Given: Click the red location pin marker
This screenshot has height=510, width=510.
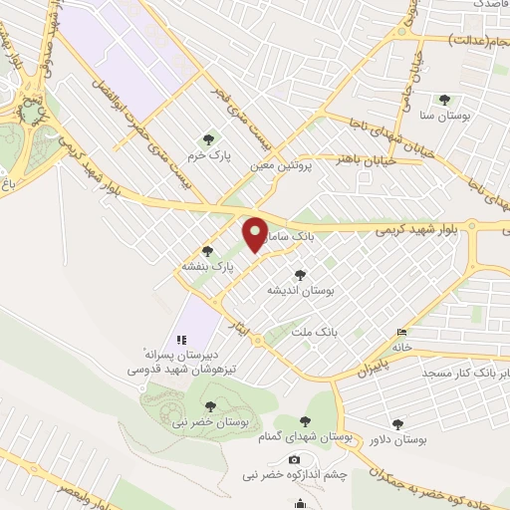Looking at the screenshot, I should coord(256,233).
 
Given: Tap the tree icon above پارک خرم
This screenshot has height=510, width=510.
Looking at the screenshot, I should coord(207,139).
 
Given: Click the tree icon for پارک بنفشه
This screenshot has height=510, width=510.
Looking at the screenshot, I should coord(207,251).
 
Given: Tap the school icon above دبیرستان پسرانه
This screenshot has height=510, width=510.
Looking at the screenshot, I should coord(181,339).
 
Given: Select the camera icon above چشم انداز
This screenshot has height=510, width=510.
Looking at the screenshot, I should coord(294,459).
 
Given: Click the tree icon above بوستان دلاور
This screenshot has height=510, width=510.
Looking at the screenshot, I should coord(399,422).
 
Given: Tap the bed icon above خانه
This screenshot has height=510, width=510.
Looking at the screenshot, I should coord(402,332).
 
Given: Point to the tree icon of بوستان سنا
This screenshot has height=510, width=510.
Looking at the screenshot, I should coord(443,100).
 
